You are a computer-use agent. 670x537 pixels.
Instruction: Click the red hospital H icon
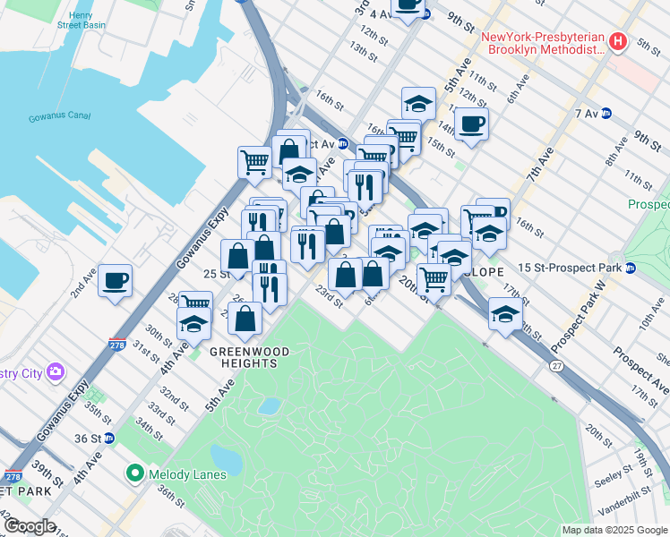pos(616,42)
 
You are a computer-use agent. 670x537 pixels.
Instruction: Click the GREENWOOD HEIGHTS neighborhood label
pos(250,352)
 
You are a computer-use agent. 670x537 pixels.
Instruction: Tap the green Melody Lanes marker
pos(135,473)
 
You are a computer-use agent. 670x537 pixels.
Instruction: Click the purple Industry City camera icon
pos(56,371)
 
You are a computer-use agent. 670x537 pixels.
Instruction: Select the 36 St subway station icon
pos(108,439)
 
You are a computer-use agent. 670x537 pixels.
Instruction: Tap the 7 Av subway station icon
pos(606,114)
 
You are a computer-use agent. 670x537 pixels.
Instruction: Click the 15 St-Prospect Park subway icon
pos(631,268)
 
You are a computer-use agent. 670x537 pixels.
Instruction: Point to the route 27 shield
pos(556,366)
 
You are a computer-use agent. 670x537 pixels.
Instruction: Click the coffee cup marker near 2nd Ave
pos(116,280)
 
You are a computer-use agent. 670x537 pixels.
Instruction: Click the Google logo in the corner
pos(30,526)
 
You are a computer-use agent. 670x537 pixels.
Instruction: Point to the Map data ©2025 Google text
pos(614,530)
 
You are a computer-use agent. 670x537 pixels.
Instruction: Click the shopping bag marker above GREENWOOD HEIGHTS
pos(245,318)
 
